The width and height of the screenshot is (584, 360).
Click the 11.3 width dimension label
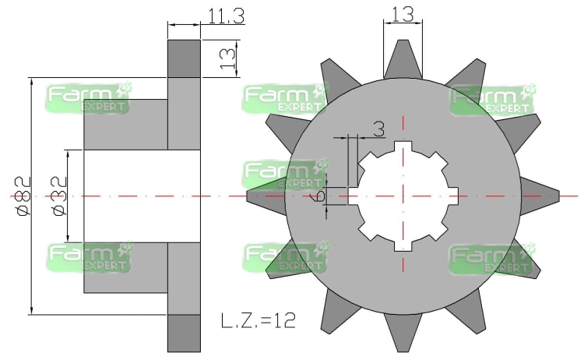(x=226, y=16)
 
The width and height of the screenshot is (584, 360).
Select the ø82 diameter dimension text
(x=23, y=196)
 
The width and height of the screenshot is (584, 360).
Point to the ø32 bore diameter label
(x=59, y=196)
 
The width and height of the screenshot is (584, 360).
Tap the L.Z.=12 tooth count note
(x=259, y=320)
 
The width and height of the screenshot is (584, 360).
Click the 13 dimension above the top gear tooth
(x=403, y=15)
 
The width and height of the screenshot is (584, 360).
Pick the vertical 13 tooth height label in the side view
(x=228, y=59)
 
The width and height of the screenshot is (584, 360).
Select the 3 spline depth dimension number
(x=378, y=129)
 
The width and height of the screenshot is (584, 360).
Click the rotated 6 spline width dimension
(x=319, y=195)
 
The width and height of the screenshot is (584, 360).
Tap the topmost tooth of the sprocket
(x=403, y=59)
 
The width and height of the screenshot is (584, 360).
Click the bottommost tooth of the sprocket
(x=403, y=333)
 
